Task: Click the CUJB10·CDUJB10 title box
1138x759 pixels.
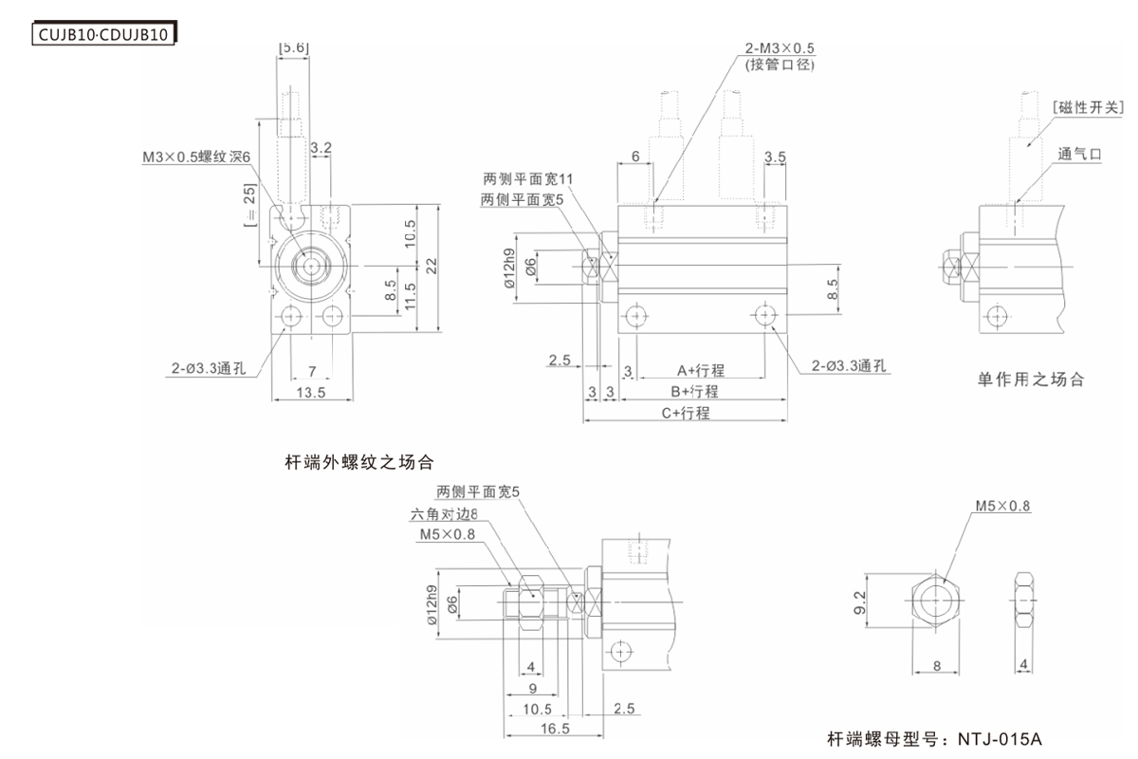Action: [x=105, y=36]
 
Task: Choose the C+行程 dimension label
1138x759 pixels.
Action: [x=685, y=413]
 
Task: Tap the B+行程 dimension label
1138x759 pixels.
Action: [x=694, y=391]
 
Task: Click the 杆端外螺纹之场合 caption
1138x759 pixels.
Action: [x=359, y=464]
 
